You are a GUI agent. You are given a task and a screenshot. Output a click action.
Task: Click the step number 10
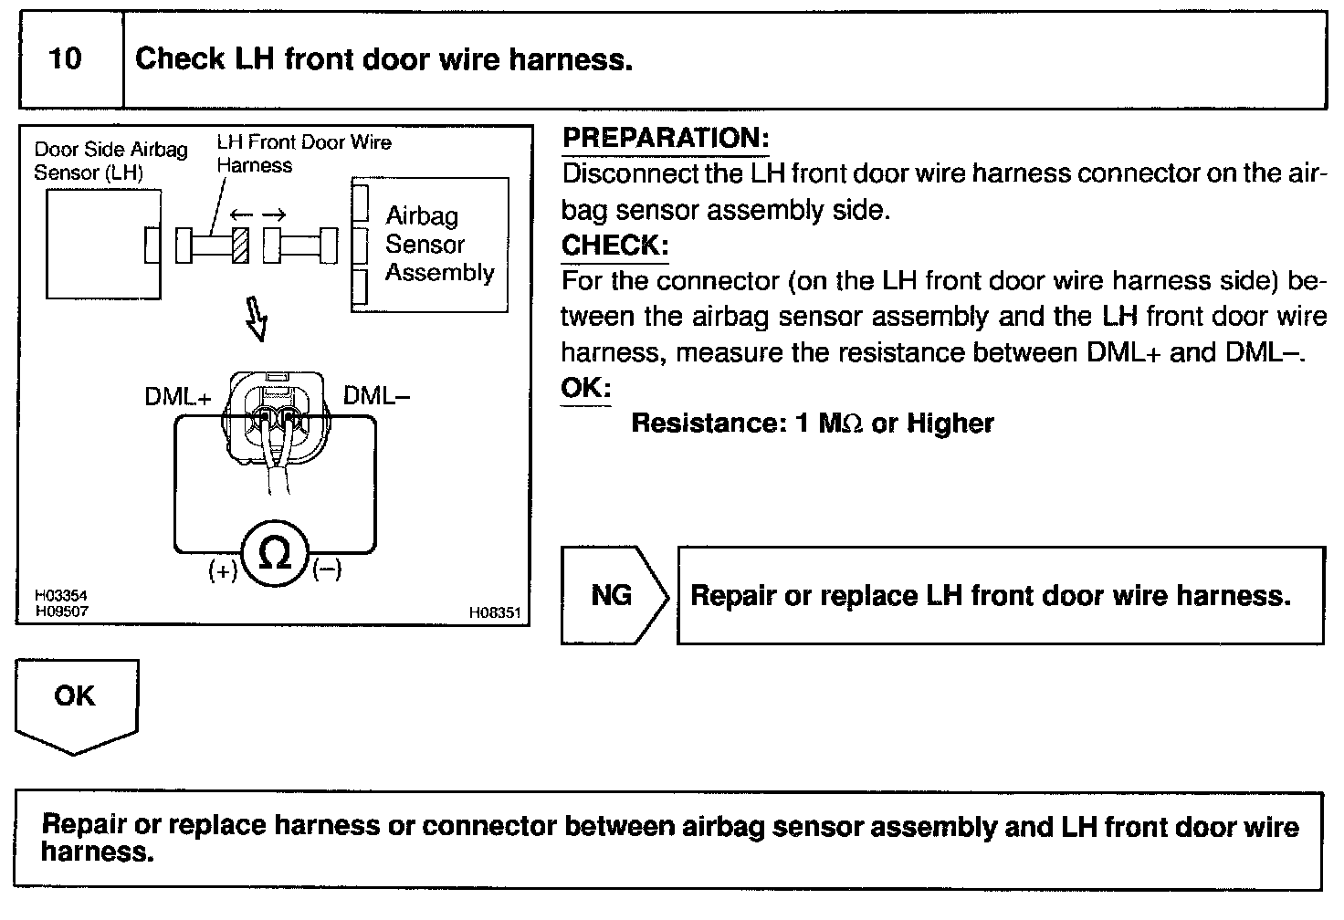[x=65, y=58]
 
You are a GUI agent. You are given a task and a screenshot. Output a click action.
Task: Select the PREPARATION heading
[x=666, y=138]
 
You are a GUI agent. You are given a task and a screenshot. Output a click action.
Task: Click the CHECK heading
[x=615, y=246]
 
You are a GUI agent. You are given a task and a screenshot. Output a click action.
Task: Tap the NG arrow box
[x=614, y=596]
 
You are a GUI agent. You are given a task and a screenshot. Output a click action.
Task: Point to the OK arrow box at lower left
[x=76, y=706]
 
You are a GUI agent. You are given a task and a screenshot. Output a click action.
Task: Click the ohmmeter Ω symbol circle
[x=275, y=553]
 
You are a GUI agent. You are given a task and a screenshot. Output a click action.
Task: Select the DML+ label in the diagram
[x=178, y=396]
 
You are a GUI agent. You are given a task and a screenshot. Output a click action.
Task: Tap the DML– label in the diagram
[x=376, y=396]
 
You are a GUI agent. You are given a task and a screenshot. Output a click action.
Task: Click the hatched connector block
[x=240, y=246]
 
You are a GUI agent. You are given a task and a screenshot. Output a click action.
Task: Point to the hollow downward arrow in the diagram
[x=257, y=319]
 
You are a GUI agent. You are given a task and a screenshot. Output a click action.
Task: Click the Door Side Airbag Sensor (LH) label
[x=110, y=161]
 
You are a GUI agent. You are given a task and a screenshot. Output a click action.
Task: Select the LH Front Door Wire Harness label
[x=304, y=153]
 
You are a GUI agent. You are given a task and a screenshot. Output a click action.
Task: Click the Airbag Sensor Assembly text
[x=440, y=244]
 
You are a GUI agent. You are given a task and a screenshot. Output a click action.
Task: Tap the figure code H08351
[x=494, y=612]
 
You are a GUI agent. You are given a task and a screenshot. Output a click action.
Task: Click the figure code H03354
[x=60, y=596]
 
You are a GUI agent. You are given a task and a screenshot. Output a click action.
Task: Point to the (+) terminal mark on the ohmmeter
[x=223, y=570]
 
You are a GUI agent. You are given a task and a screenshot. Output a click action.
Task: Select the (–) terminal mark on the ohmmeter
[x=327, y=570]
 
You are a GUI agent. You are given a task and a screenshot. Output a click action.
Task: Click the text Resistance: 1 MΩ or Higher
[x=813, y=423]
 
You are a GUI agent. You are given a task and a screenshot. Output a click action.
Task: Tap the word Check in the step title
[x=180, y=58]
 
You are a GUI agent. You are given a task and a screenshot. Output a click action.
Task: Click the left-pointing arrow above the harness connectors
[x=241, y=214]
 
